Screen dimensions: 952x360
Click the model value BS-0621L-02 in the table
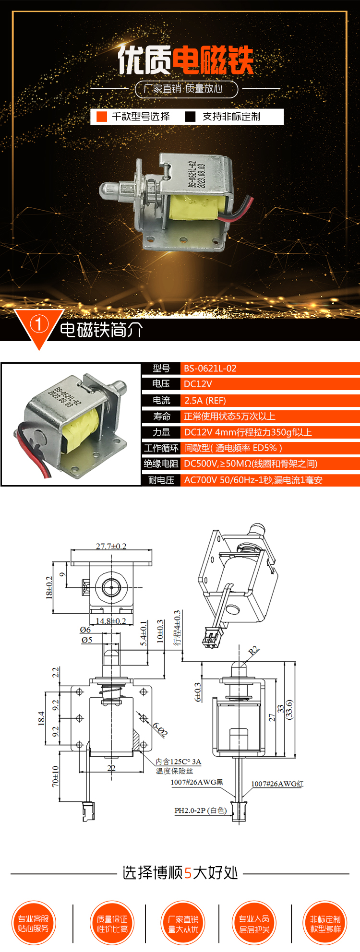pos(210,369)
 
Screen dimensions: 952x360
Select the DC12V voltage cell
pos(198,384)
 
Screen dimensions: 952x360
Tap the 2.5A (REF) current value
pos(205,400)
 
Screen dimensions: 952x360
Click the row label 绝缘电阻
pos(161,464)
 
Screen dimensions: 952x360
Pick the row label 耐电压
pos(161,480)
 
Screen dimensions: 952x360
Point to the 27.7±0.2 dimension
pos(111,546)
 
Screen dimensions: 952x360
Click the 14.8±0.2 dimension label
pos(111,621)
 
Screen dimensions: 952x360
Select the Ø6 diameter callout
pos(85,630)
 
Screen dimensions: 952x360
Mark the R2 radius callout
pos(254,651)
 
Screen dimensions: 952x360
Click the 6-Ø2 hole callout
pos(160,729)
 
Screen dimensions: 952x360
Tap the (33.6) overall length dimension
pos(289,709)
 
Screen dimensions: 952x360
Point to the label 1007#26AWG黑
pos(197,782)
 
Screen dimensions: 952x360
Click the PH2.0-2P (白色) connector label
pos(200,810)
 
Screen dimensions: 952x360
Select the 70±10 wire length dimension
pos(55,776)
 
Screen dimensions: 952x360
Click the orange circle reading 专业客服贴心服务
pos(34,923)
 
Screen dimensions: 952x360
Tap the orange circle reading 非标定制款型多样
pos(325,923)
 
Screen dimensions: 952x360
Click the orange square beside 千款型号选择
pos(102,117)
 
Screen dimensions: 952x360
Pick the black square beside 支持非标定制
pos(190,117)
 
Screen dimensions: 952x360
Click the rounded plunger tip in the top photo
pos(107,190)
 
